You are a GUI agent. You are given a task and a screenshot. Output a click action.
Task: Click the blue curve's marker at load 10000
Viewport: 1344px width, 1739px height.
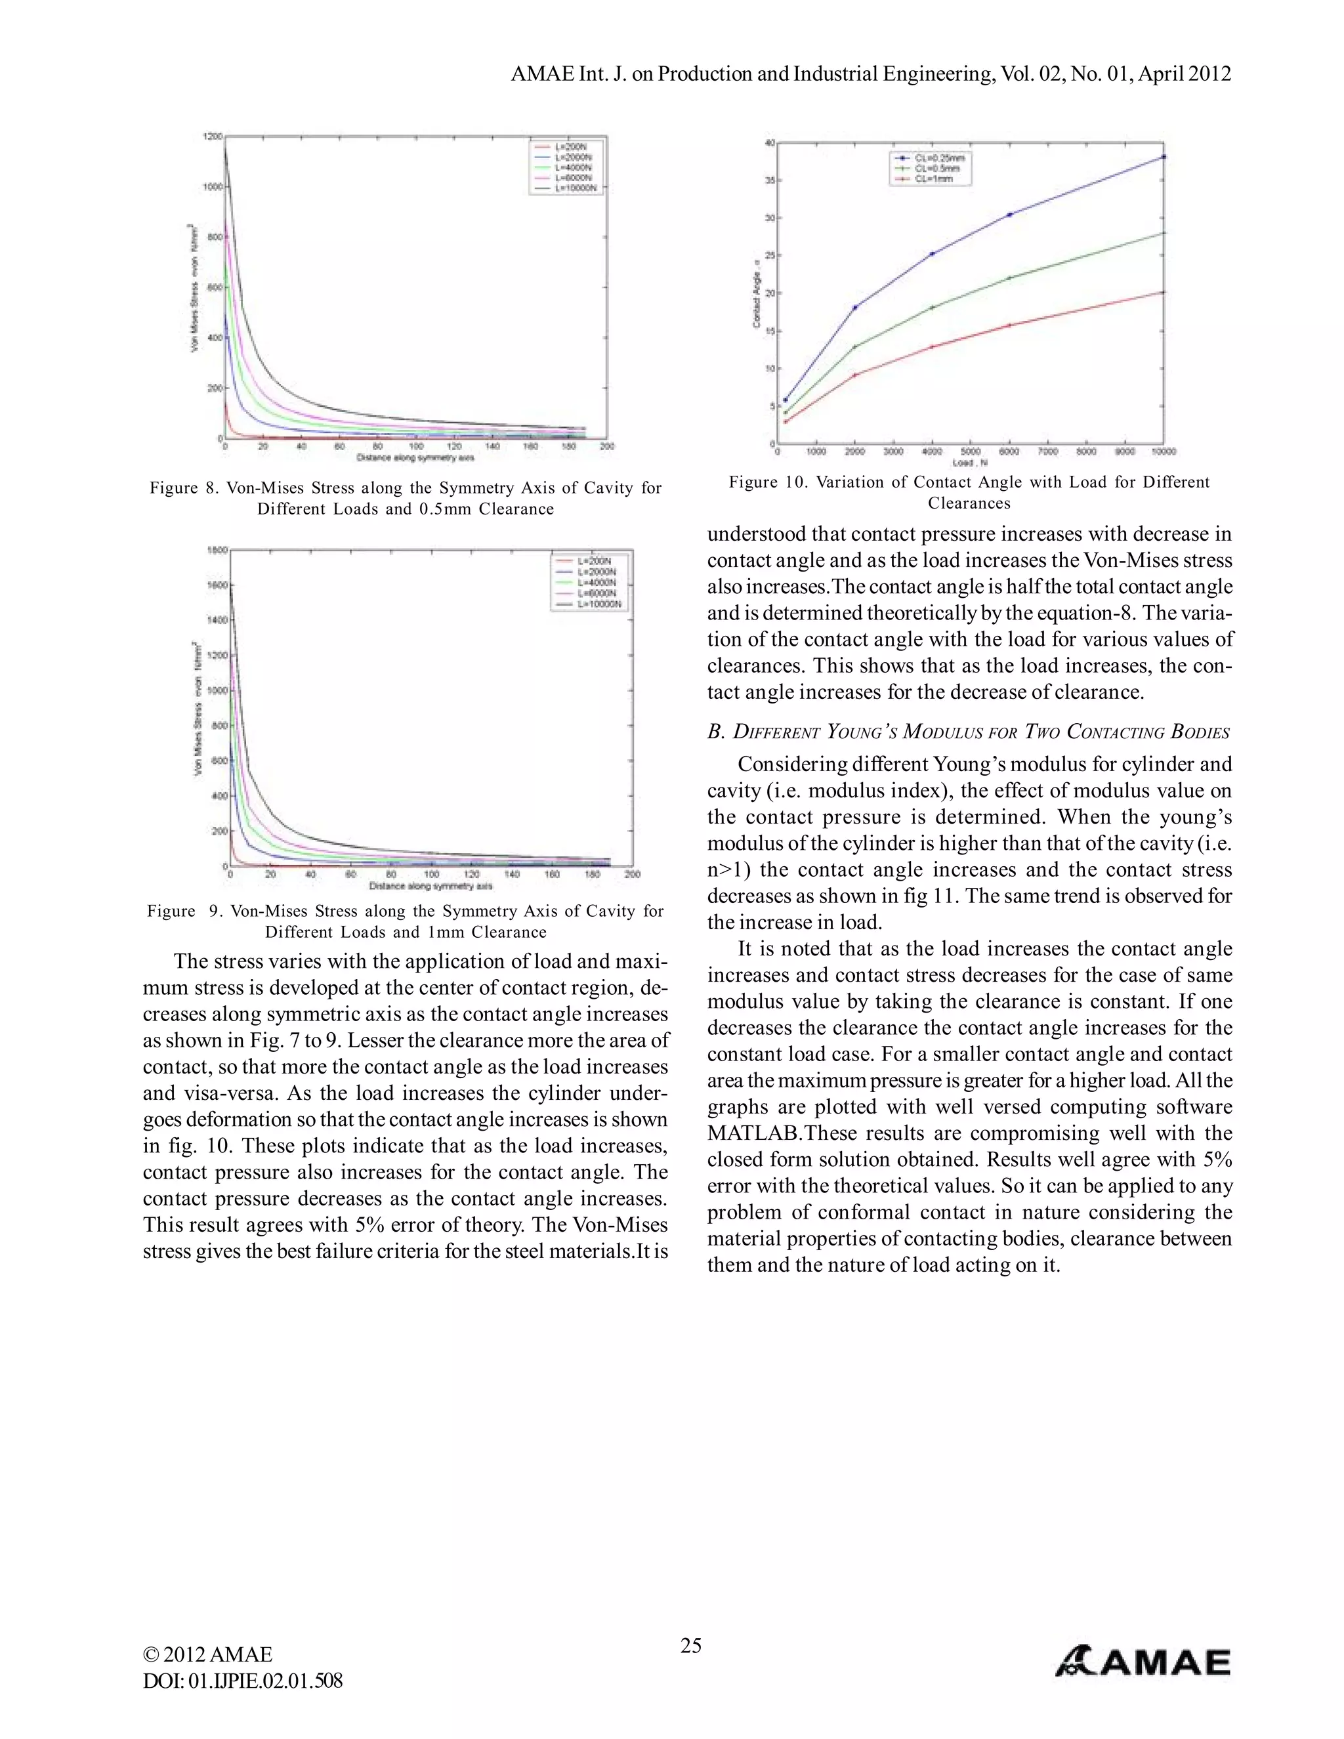pos(1164,157)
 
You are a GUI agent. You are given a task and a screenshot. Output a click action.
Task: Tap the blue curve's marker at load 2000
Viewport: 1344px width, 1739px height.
pos(855,307)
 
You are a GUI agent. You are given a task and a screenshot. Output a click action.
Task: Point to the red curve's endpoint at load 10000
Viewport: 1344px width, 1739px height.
pos(1164,292)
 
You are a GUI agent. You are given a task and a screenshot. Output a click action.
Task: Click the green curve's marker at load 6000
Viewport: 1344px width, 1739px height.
pos(1009,278)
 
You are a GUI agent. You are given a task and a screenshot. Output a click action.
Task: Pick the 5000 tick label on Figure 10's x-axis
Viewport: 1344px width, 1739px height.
pos(970,451)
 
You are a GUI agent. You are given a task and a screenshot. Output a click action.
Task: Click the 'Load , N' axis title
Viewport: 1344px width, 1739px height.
pos(970,462)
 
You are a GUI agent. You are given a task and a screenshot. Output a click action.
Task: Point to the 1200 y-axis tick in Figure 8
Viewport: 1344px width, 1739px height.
pos(213,137)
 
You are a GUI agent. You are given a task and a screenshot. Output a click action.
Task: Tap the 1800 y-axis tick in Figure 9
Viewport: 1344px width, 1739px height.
pos(217,550)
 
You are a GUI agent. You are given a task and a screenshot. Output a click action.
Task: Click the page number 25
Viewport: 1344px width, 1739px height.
pos(690,1645)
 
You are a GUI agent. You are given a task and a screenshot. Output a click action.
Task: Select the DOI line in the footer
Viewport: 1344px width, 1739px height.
pos(243,1681)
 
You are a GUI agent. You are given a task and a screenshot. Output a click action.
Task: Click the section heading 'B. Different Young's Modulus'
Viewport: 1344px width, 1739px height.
pos(968,732)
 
